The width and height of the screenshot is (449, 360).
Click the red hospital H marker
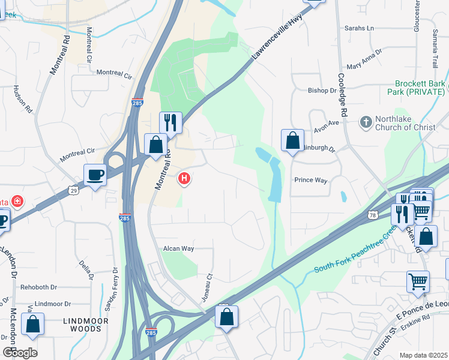click(185, 178)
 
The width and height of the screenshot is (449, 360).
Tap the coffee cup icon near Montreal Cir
click(95, 175)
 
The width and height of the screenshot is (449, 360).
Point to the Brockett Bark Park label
click(420, 88)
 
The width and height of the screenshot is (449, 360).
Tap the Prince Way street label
click(310, 180)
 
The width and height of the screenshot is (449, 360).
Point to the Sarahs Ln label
click(358, 28)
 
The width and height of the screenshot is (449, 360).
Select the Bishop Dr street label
click(322, 91)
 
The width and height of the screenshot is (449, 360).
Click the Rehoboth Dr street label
click(38, 287)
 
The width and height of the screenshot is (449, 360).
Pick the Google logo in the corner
click(19, 352)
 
